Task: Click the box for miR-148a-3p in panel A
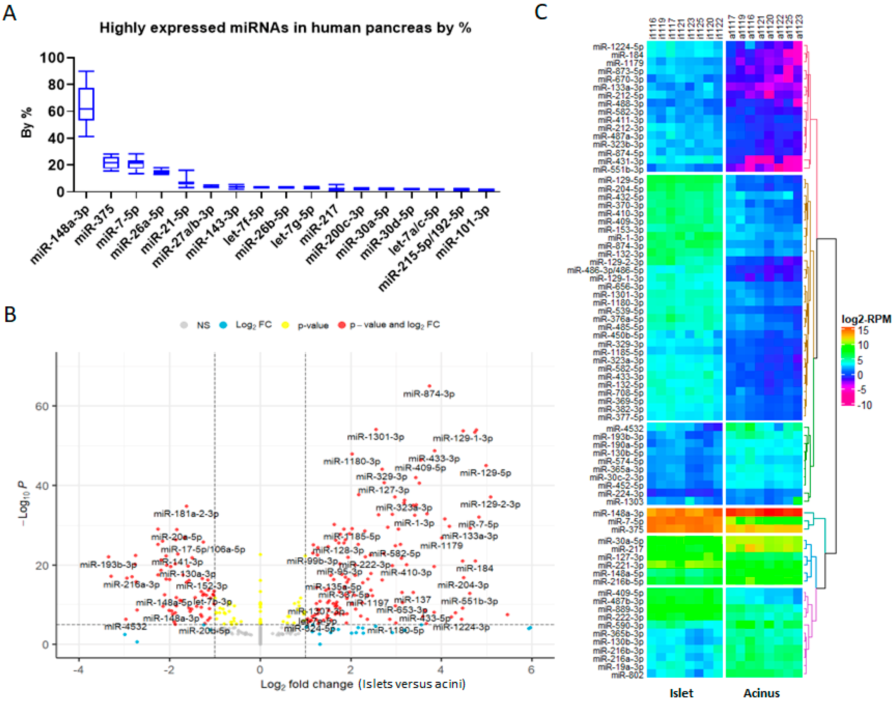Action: coord(86,104)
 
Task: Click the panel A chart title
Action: coord(285,28)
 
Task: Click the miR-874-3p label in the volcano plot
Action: coord(429,394)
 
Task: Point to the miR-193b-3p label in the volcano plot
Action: coord(108,565)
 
